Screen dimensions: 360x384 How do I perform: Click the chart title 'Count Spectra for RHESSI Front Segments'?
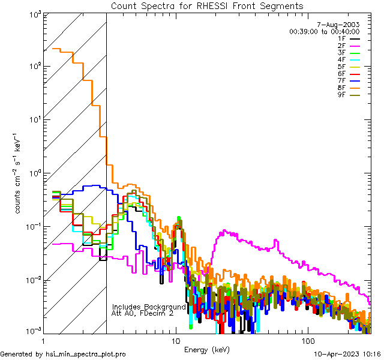208,5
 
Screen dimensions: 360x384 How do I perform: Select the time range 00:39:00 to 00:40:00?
324,31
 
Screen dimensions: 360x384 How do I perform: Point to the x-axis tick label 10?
175,340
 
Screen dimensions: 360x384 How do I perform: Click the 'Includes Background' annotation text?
149,307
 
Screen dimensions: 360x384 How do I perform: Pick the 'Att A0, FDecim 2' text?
143,313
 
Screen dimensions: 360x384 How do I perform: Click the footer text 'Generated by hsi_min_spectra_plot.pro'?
63,354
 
